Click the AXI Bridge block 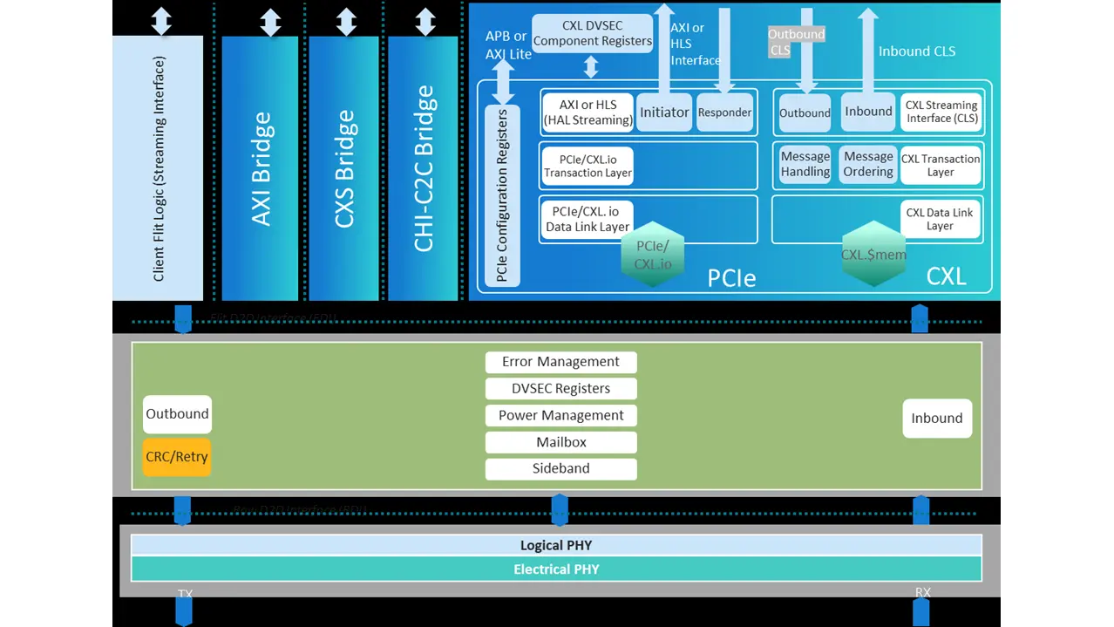point(260,167)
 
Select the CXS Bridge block point(346,167)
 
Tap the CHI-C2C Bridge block point(424,167)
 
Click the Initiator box point(664,112)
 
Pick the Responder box point(724,112)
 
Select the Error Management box point(560,362)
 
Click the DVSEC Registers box point(560,389)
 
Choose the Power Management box point(560,415)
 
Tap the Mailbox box point(560,442)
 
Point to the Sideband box point(560,468)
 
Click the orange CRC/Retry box point(177,457)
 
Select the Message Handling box point(805,165)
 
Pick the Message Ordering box point(868,165)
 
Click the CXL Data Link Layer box point(940,220)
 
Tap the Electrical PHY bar point(556,569)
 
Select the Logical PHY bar point(556,546)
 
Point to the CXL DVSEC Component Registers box point(592,33)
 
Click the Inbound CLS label point(917,51)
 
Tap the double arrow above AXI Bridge point(270,23)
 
